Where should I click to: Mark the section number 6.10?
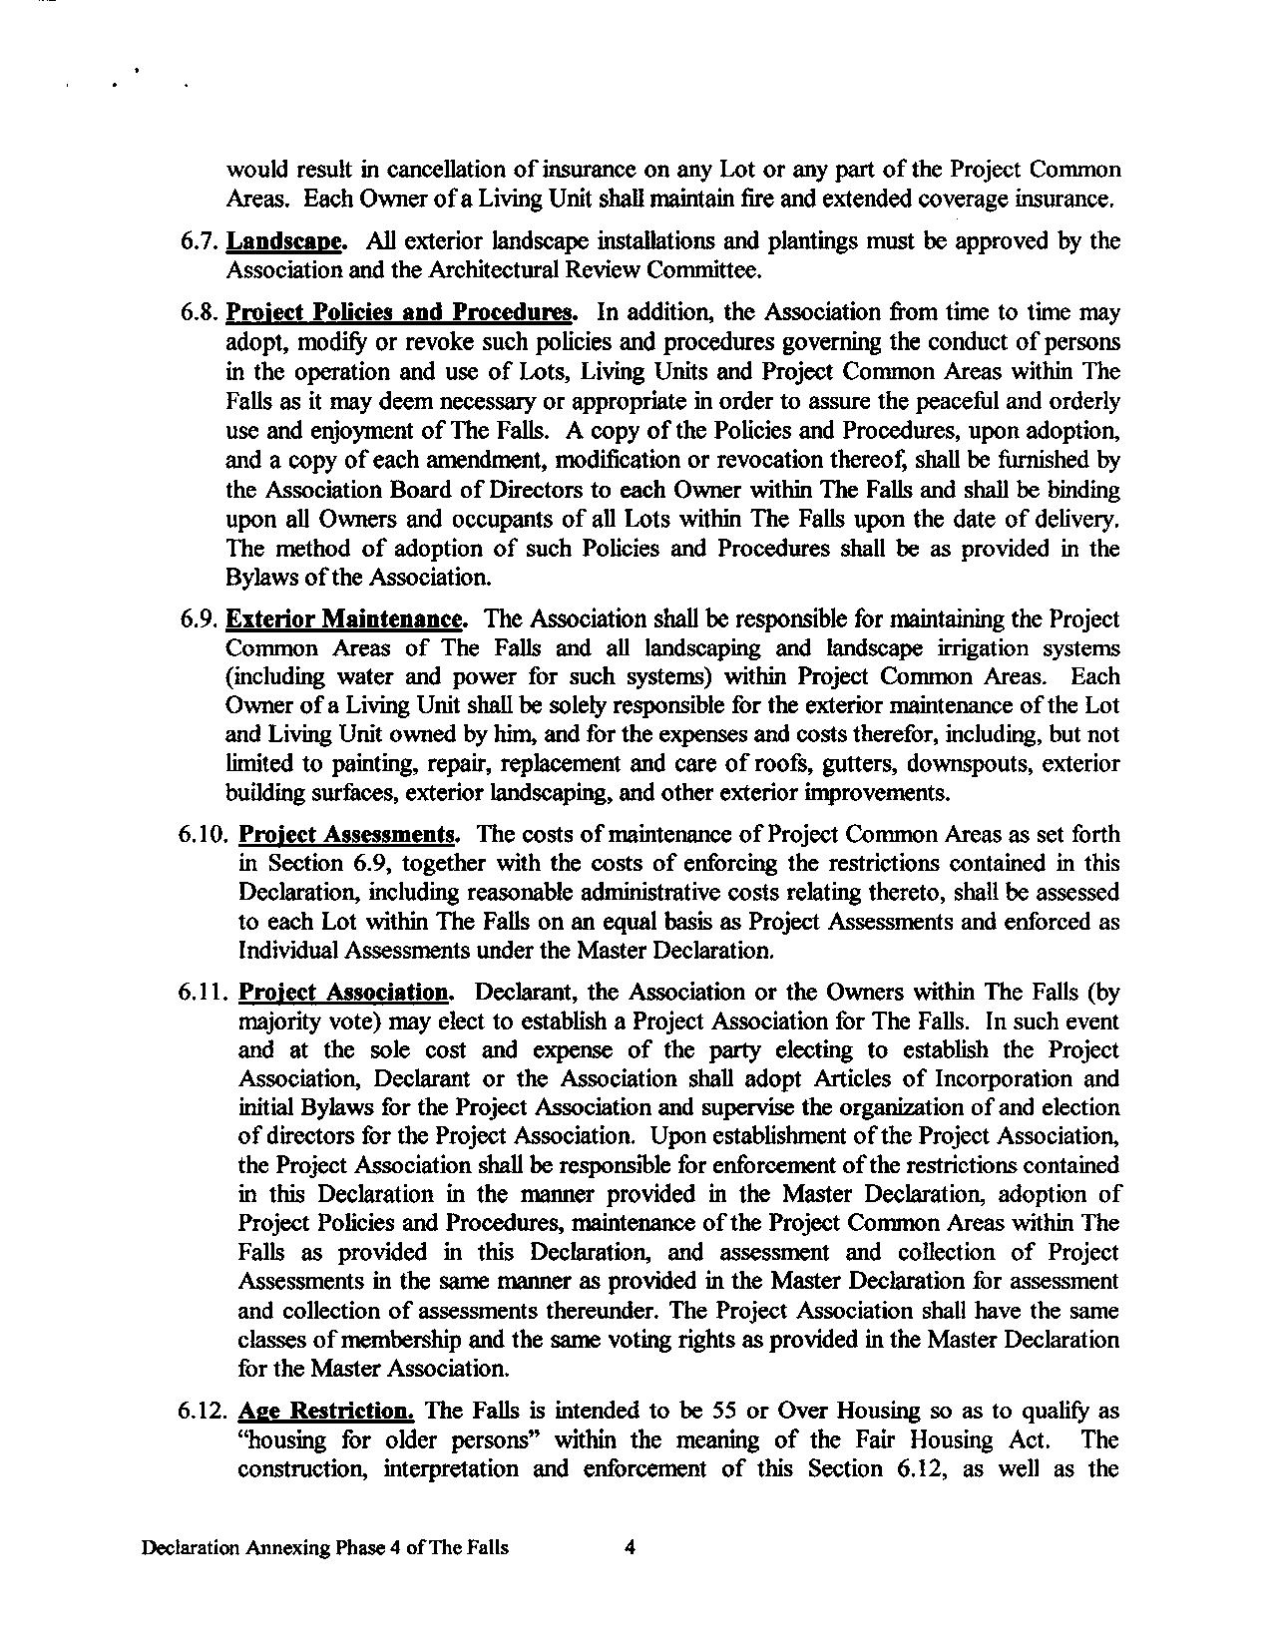click(205, 835)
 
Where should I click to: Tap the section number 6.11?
click(205, 993)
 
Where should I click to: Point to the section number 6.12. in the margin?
click(205, 1412)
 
